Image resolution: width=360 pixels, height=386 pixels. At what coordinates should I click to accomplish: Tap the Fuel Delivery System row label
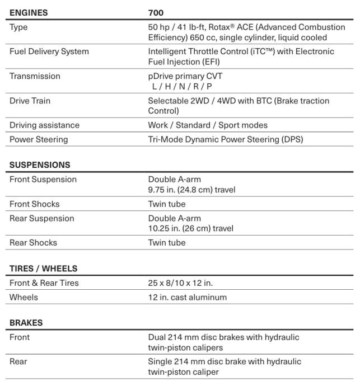pyautogui.click(x=49, y=51)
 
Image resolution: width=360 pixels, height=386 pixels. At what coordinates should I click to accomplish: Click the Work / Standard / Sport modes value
pyautogui.click(x=208, y=125)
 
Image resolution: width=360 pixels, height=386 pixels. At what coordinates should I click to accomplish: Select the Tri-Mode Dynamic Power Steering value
pyautogui.click(x=225, y=140)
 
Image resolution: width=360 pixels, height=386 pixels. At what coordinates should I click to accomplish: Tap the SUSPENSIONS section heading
pyautogui.click(x=40, y=165)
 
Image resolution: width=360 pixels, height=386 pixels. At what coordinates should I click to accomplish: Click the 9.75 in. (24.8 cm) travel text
pyautogui.click(x=191, y=190)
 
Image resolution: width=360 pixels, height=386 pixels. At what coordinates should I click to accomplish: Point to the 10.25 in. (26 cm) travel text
pyautogui.click(x=190, y=228)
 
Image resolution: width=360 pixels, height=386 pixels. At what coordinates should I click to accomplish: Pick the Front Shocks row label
pyautogui.click(x=34, y=204)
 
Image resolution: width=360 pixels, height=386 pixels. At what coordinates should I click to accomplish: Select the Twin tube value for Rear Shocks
pyautogui.click(x=166, y=243)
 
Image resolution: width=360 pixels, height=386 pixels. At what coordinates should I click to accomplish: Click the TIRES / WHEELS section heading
pyautogui.click(x=43, y=269)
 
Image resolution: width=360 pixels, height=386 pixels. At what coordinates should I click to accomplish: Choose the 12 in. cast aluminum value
pyautogui.click(x=187, y=298)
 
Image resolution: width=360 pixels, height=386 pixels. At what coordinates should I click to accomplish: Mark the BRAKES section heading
pyautogui.click(x=26, y=323)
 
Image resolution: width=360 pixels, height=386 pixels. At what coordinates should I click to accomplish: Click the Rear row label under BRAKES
pyautogui.click(x=18, y=361)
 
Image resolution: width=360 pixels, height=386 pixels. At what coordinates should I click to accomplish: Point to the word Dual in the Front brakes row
pyautogui.click(x=157, y=337)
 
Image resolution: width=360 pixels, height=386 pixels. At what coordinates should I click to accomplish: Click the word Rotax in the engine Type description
pyautogui.click(x=217, y=27)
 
